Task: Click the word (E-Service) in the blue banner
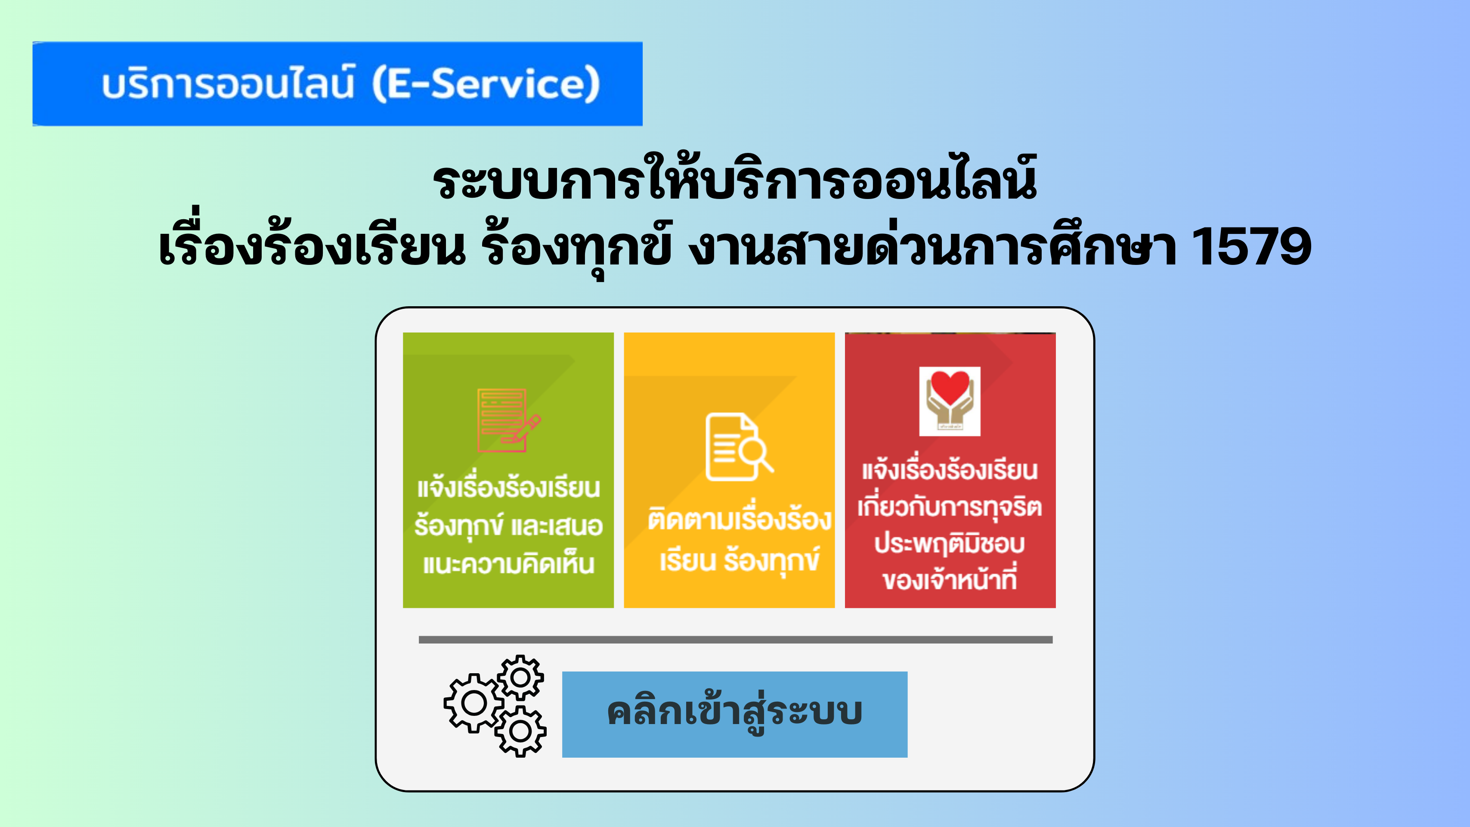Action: click(x=486, y=84)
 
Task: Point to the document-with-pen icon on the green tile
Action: click(x=508, y=420)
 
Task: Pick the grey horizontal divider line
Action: click(x=736, y=640)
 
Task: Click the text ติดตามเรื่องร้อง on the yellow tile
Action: click(x=739, y=520)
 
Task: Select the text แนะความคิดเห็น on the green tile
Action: click(x=508, y=564)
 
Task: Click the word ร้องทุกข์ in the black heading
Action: click(x=576, y=247)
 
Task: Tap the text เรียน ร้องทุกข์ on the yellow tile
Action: click(x=740, y=560)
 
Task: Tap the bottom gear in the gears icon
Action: click(x=520, y=731)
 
